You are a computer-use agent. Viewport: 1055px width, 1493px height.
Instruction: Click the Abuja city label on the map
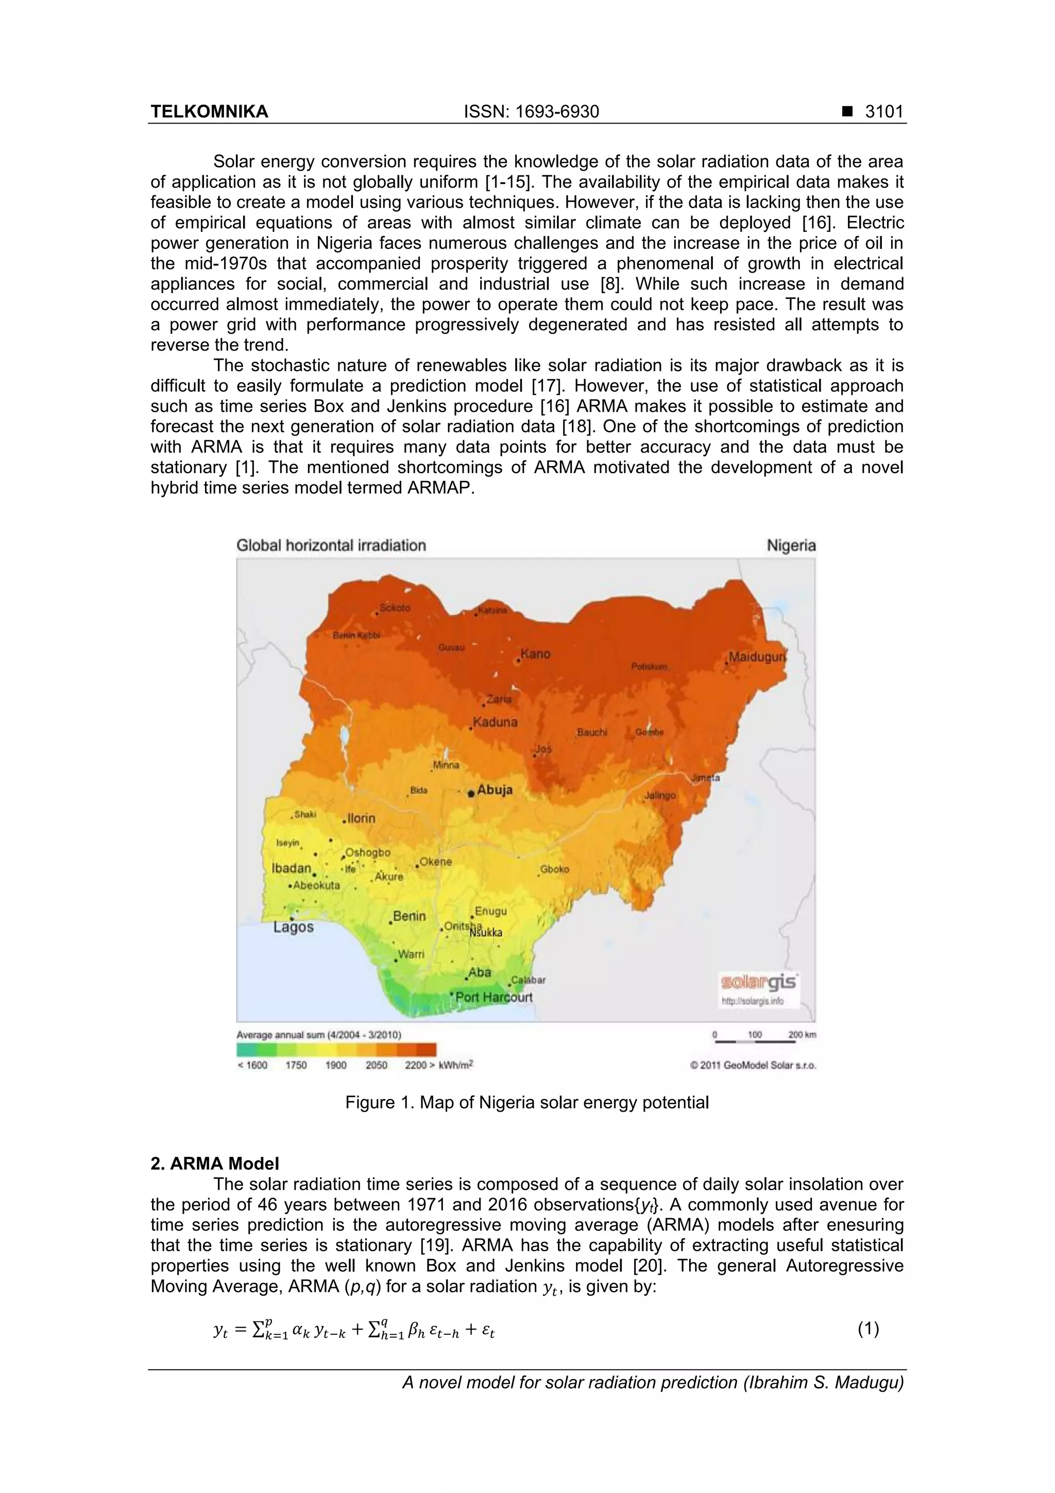tap(495, 790)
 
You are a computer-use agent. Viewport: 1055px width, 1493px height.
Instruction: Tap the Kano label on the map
tap(536, 654)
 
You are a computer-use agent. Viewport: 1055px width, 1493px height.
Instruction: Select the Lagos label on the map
tap(293, 927)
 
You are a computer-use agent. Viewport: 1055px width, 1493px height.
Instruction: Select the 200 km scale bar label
tap(802, 1034)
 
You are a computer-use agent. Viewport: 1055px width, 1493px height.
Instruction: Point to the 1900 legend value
tap(335, 1065)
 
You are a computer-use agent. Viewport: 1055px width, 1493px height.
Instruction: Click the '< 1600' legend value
tap(252, 1065)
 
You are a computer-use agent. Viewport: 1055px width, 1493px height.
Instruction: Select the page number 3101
tap(884, 112)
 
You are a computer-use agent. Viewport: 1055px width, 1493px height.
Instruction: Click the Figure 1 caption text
tap(526, 1103)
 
